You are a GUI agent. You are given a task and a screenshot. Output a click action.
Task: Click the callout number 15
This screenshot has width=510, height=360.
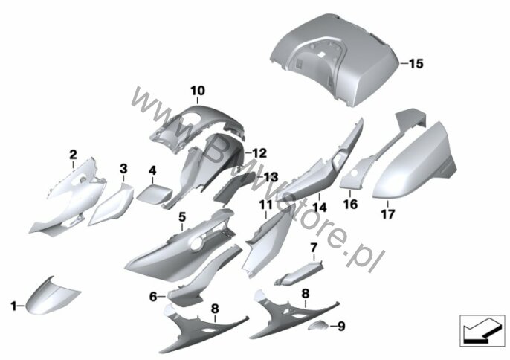pos(416,65)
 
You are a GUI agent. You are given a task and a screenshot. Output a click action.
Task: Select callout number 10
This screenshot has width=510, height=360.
pos(196,91)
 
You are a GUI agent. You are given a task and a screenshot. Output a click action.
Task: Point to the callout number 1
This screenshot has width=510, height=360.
pos(13,305)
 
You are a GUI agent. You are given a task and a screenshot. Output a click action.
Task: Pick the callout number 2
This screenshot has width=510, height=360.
pos(73,154)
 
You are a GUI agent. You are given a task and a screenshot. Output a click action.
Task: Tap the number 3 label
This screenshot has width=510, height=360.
pos(123,169)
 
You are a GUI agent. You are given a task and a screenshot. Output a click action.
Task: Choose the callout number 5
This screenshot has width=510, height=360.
pos(181,216)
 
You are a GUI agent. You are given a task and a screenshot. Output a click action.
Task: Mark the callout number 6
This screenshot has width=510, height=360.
pos(153,296)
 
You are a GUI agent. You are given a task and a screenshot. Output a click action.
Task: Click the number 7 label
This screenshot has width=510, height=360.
pos(314,247)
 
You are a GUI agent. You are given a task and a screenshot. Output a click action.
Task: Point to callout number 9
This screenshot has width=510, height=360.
pos(342,325)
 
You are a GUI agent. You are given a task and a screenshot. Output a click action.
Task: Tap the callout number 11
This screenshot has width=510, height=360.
pos(265,203)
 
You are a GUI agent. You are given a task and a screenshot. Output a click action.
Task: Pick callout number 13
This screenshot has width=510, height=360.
pos(270,176)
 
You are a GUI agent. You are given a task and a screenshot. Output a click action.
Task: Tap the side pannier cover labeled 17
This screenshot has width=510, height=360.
pos(413,167)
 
